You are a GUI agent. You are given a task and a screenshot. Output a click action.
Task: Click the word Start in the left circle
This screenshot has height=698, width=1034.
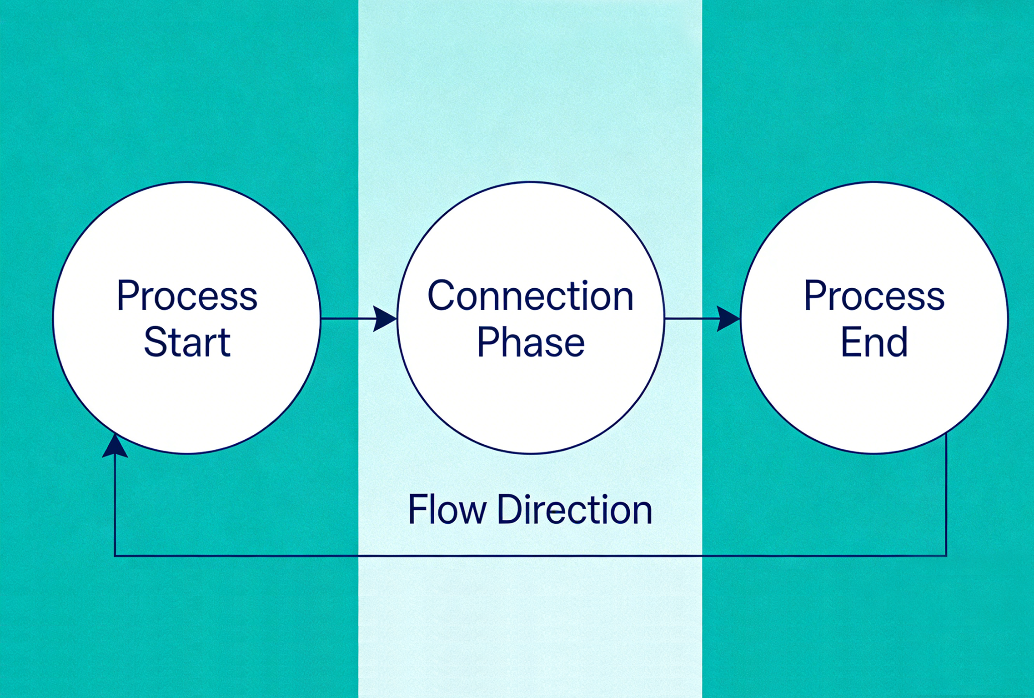[187, 342]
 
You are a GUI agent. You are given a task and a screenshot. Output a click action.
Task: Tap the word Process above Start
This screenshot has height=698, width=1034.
[187, 296]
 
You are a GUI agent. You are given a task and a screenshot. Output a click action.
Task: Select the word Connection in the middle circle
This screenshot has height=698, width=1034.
[530, 296]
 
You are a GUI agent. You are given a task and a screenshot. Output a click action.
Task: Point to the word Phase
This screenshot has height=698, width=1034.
[531, 342]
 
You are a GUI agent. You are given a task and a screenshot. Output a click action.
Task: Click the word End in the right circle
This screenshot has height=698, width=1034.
[874, 342]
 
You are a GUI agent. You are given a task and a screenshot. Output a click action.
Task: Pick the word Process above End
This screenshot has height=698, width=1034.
[874, 296]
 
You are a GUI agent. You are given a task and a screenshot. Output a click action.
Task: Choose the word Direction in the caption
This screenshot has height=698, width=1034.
[575, 509]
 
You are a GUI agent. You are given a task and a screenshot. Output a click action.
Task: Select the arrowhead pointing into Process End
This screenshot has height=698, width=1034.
[728, 318]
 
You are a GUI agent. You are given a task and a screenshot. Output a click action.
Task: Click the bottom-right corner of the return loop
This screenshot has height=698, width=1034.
[946, 555]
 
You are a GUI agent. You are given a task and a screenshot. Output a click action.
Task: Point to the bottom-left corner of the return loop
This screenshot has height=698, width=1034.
[115, 555]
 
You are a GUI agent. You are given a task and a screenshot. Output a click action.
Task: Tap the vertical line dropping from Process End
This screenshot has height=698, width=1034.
[946, 496]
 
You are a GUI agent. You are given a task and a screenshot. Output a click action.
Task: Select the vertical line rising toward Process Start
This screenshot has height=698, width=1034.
[115, 505]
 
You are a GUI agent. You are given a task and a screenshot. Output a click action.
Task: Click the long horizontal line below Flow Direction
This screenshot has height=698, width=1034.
[530, 555]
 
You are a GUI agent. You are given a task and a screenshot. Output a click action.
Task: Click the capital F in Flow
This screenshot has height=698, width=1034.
[416, 509]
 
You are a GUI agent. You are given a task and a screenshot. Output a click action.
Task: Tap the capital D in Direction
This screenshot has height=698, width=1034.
[510, 509]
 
